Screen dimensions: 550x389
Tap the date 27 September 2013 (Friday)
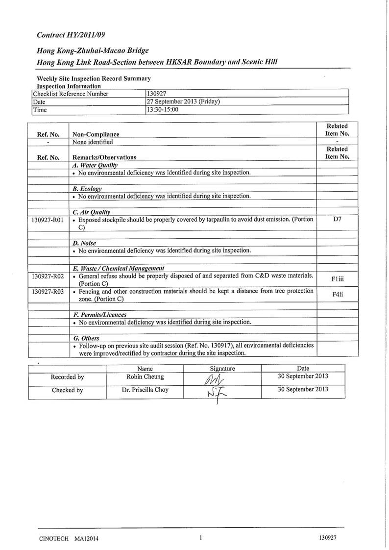183,101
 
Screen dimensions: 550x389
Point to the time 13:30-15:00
163,110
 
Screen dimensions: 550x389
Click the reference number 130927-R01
48,220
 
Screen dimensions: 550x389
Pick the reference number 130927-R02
48,276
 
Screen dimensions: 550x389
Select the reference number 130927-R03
48,291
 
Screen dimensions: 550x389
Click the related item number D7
337,220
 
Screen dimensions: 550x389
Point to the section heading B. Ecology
87,189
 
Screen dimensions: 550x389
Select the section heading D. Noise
84,243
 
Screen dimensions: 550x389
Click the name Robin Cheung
145,377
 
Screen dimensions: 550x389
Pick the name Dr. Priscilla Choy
145,391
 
